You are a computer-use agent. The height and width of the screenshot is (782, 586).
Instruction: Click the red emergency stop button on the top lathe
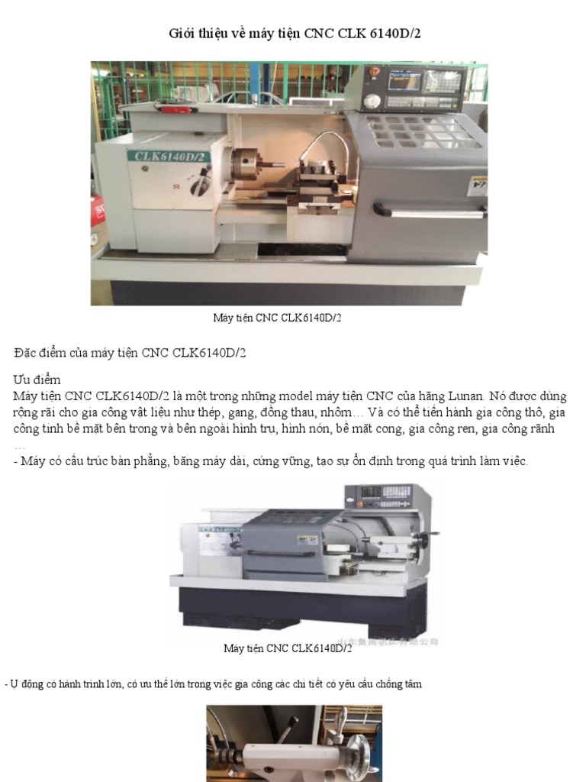[x=374, y=72]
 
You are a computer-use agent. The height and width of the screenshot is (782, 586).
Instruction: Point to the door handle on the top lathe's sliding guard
[x=427, y=208]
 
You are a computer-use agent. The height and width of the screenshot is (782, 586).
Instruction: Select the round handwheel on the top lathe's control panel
[x=372, y=101]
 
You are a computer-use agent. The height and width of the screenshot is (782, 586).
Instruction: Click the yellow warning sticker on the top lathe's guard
[x=478, y=186]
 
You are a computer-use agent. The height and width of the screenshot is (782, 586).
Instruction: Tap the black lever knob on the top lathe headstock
[x=204, y=183]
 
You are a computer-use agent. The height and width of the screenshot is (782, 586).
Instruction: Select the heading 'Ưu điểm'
[x=37, y=380]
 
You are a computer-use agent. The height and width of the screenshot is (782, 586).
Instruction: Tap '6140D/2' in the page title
[x=396, y=34]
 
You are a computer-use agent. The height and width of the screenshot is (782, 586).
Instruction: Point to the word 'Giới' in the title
[x=182, y=34]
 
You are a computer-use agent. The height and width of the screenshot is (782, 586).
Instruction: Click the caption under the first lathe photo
[x=277, y=317]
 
